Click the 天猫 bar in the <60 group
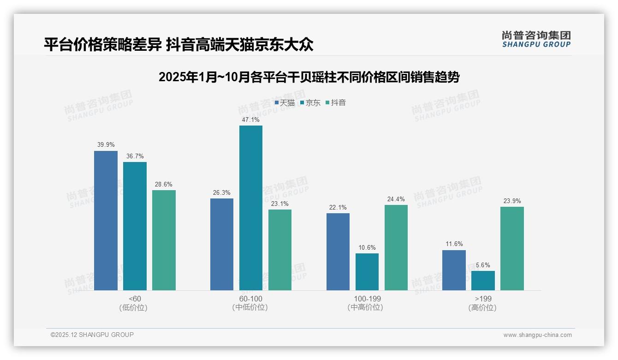click(106, 221)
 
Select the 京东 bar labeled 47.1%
click(250, 208)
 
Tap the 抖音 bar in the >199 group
click(512, 248)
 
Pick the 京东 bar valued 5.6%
click(483, 281)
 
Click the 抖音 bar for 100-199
click(396, 247)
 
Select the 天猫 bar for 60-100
click(222, 244)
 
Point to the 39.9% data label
click(106, 144)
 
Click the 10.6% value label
click(367, 247)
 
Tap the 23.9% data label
click(512, 201)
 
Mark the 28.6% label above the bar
click(164, 184)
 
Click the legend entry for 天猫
click(285, 103)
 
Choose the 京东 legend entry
click(310, 103)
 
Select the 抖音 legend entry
click(336, 103)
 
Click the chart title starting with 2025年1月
click(309, 77)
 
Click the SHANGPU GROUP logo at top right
click(536, 39)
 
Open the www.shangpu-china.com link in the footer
click(537, 335)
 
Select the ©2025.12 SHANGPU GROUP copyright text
click(92, 335)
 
